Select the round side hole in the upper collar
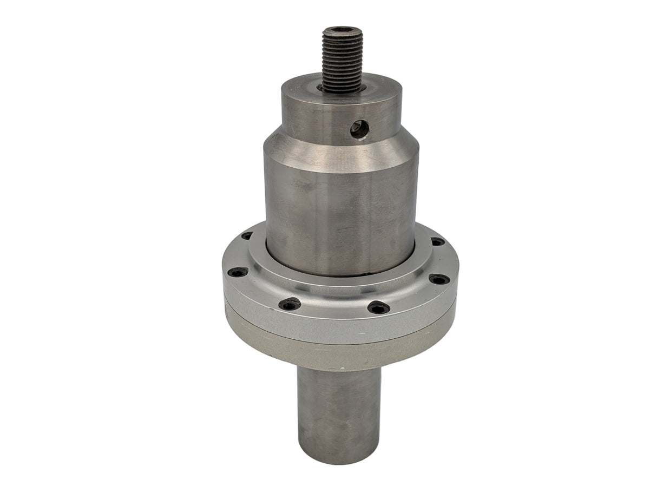click(x=360, y=129)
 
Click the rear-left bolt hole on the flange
click(x=247, y=236)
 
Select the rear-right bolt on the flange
click(x=437, y=241)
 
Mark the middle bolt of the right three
click(x=439, y=279)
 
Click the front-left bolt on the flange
click(x=290, y=305)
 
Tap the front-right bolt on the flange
click(x=378, y=308)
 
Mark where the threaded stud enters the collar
click(x=342, y=88)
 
